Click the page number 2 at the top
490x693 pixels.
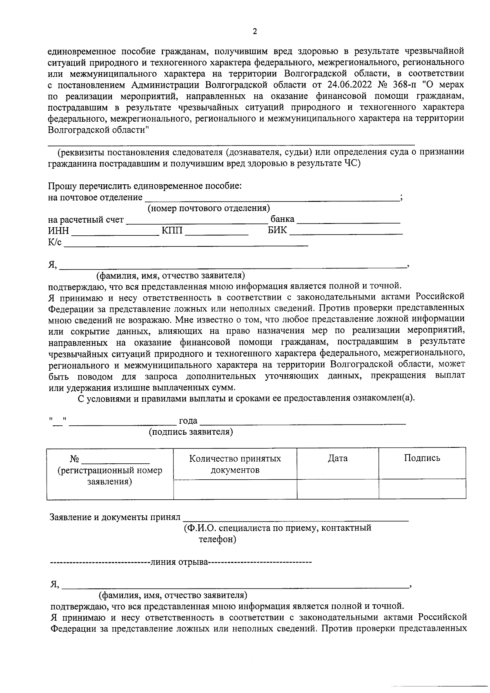point(255,31)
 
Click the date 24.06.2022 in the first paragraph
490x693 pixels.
point(351,85)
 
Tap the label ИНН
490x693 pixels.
point(58,231)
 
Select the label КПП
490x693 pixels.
point(172,231)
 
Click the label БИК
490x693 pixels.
point(277,231)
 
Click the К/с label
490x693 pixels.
point(55,243)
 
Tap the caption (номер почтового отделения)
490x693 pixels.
point(209,209)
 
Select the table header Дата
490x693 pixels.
point(338,458)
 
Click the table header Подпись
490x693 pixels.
point(422,458)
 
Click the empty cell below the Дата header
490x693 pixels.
point(338,489)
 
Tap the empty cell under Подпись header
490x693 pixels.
point(422,489)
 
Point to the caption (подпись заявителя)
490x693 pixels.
point(191,432)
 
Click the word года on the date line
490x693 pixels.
point(188,421)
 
